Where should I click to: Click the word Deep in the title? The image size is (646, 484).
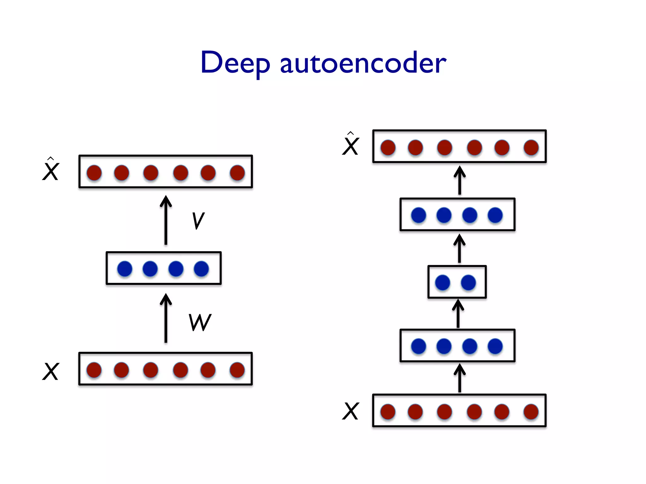(235, 63)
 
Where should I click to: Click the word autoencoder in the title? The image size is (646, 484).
(363, 63)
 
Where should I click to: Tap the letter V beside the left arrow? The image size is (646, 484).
(198, 221)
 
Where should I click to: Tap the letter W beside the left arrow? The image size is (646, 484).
(200, 322)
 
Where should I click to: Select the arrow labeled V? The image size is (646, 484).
(166, 221)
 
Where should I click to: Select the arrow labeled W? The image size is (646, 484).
(166, 318)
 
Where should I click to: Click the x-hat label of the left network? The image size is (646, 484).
(50, 170)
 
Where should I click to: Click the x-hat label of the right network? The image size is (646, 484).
(350, 145)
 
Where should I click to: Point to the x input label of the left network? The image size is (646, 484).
(50, 371)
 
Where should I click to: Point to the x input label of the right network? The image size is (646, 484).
(350, 411)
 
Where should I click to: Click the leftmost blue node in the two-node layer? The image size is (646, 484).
(443, 282)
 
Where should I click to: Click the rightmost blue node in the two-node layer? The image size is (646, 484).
(468, 282)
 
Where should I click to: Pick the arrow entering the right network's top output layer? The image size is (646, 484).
(460, 180)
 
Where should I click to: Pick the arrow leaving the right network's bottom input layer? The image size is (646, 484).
(460, 378)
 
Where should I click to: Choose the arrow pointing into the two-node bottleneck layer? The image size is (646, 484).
(458, 314)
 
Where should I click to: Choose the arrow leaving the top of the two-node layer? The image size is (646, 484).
(459, 248)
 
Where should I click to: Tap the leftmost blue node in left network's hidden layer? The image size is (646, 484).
(125, 268)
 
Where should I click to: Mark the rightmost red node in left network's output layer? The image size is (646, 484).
(237, 173)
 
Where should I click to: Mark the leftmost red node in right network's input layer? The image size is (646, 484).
(388, 412)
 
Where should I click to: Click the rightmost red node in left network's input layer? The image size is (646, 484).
(237, 370)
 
